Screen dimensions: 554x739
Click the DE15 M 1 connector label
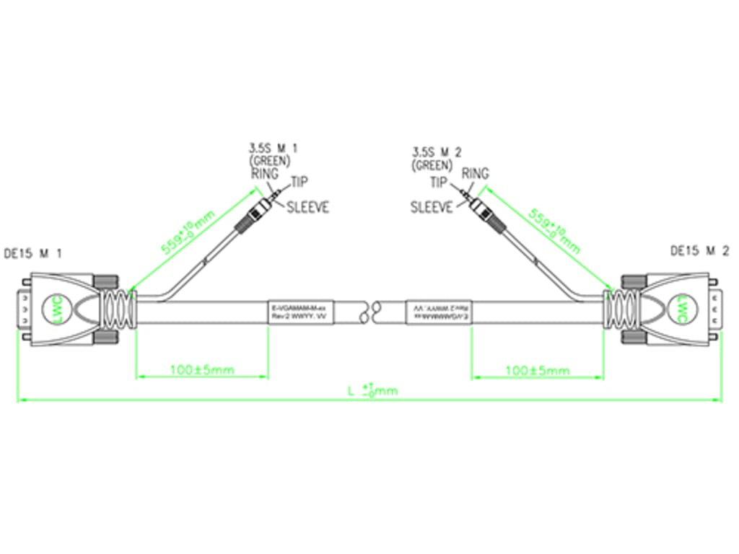click(33, 253)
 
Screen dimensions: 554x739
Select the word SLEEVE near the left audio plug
click(307, 208)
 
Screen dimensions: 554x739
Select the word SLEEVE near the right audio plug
click(432, 208)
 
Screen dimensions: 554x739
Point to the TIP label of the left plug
click(299, 183)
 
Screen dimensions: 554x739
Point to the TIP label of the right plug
click(440, 183)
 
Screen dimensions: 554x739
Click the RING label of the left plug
click(265, 173)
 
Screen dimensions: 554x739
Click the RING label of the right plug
click(475, 174)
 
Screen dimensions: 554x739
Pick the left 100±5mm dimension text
click(201, 370)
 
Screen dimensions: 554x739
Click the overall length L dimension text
click(372, 391)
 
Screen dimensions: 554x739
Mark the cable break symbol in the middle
click(370, 312)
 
